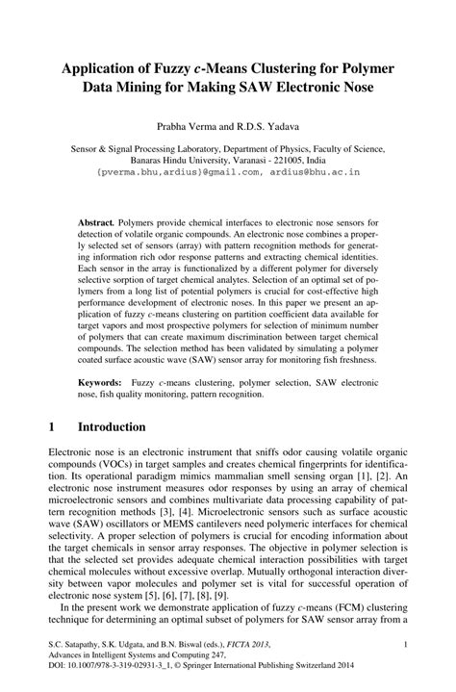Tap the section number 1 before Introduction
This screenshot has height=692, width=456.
[52, 426]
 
